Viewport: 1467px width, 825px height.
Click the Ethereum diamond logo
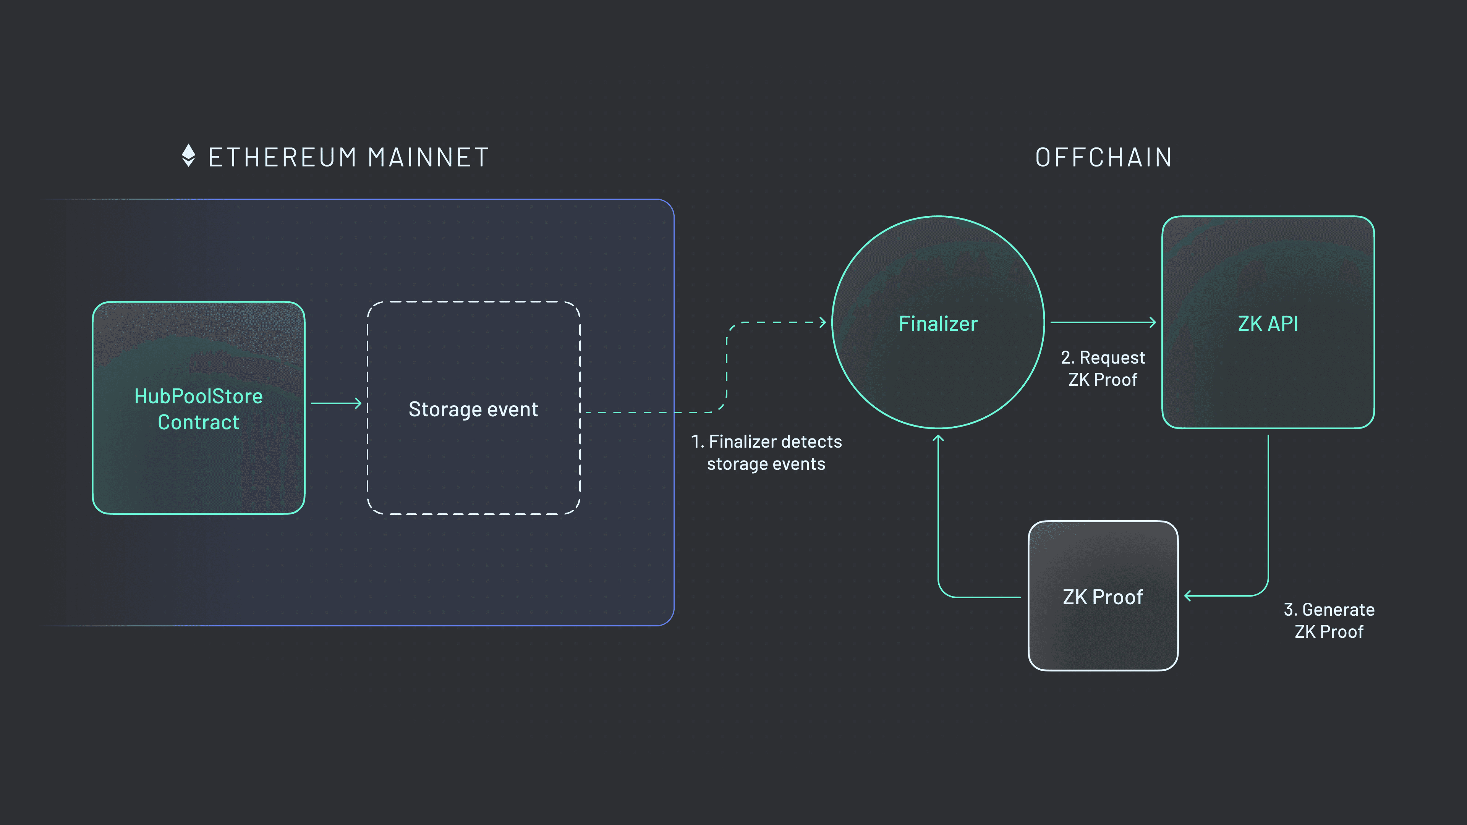point(188,155)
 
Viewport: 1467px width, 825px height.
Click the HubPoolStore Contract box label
point(198,409)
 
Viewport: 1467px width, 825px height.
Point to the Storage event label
point(473,409)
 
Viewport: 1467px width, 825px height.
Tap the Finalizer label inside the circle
point(938,324)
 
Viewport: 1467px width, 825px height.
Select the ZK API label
point(1268,324)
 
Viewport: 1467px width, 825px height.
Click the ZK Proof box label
point(1103,597)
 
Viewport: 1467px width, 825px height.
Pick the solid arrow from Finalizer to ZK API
point(1103,322)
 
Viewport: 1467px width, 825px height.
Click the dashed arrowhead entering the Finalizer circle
point(823,322)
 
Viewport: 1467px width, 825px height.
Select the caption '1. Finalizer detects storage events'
point(766,453)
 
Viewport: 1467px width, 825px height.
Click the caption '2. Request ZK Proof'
point(1103,368)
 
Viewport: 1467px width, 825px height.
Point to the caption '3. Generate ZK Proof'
point(1329,621)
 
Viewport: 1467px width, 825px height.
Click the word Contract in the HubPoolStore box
point(198,422)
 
